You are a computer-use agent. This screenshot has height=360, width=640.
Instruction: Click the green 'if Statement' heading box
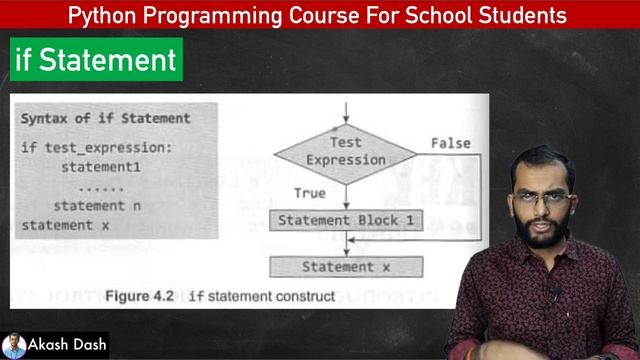[x=95, y=60]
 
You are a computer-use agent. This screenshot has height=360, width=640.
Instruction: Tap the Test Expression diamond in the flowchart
[x=345, y=152]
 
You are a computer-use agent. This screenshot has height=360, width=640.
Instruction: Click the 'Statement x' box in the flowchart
[x=345, y=267]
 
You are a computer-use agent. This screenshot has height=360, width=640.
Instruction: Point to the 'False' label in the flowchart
[x=450, y=143]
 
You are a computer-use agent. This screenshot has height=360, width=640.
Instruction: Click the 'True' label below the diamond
[x=309, y=192]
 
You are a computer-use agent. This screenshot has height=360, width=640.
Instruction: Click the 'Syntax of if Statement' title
[x=105, y=118]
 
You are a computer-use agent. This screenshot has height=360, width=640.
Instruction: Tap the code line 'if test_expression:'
[x=96, y=148]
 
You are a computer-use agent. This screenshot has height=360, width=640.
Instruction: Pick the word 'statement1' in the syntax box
[x=101, y=167]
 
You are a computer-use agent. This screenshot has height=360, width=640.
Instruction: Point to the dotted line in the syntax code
[x=101, y=187]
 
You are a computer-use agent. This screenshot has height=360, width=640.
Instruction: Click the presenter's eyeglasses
[x=543, y=198]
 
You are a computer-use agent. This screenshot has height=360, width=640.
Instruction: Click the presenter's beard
[x=541, y=235]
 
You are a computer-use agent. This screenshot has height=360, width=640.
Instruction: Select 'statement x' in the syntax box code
[x=66, y=225]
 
